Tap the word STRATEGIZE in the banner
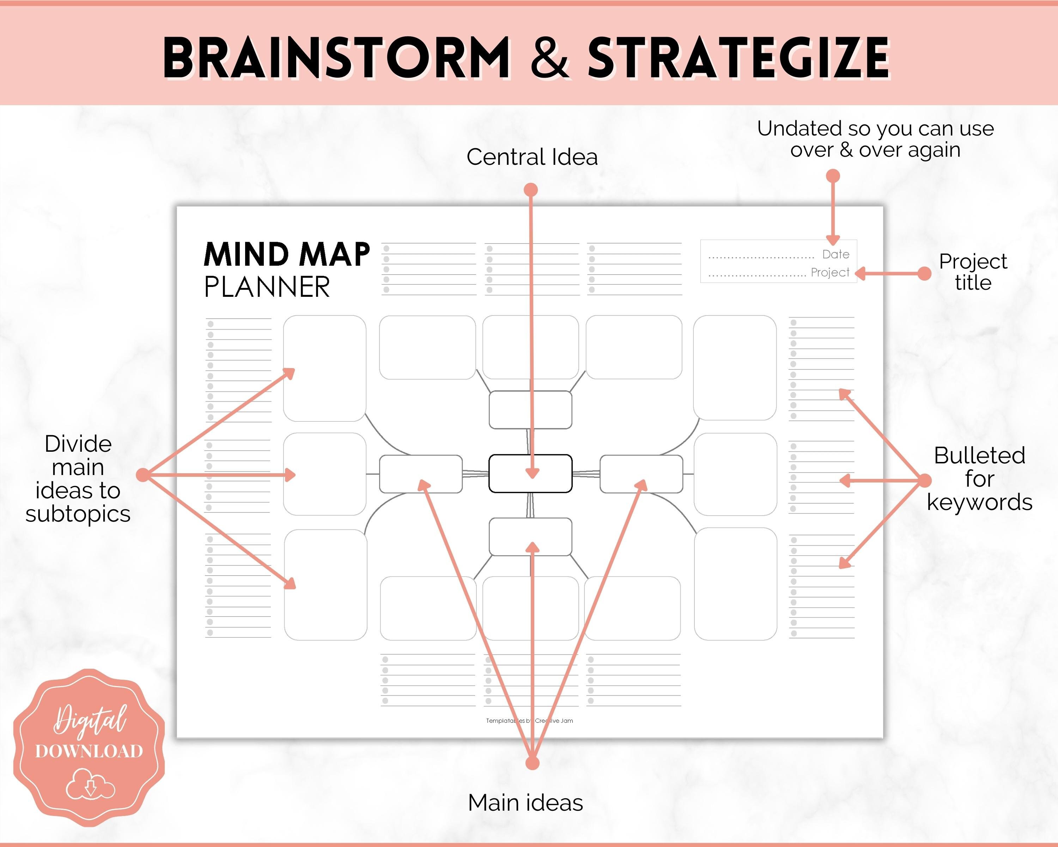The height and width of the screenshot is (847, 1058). tap(738, 58)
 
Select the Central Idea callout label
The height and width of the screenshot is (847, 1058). tap(532, 157)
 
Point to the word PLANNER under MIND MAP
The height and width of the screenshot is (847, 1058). tap(267, 287)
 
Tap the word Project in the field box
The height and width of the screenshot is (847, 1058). tap(829, 272)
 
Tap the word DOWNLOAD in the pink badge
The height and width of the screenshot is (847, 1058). tap(89, 751)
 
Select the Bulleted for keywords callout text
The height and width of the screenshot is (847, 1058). tap(979, 479)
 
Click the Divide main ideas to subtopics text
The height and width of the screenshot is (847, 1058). tap(78, 479)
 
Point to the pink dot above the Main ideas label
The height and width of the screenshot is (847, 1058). tap(532, 763)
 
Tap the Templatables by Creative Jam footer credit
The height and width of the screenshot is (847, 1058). tap(529, 721)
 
